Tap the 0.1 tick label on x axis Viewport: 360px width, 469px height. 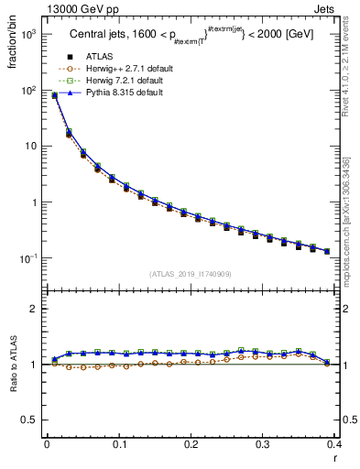click(119, 444)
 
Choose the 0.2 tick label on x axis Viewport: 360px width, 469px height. click(191, 444)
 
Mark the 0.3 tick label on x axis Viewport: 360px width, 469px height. click(263, 444)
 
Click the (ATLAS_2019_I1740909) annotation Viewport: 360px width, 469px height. click(190, 274)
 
